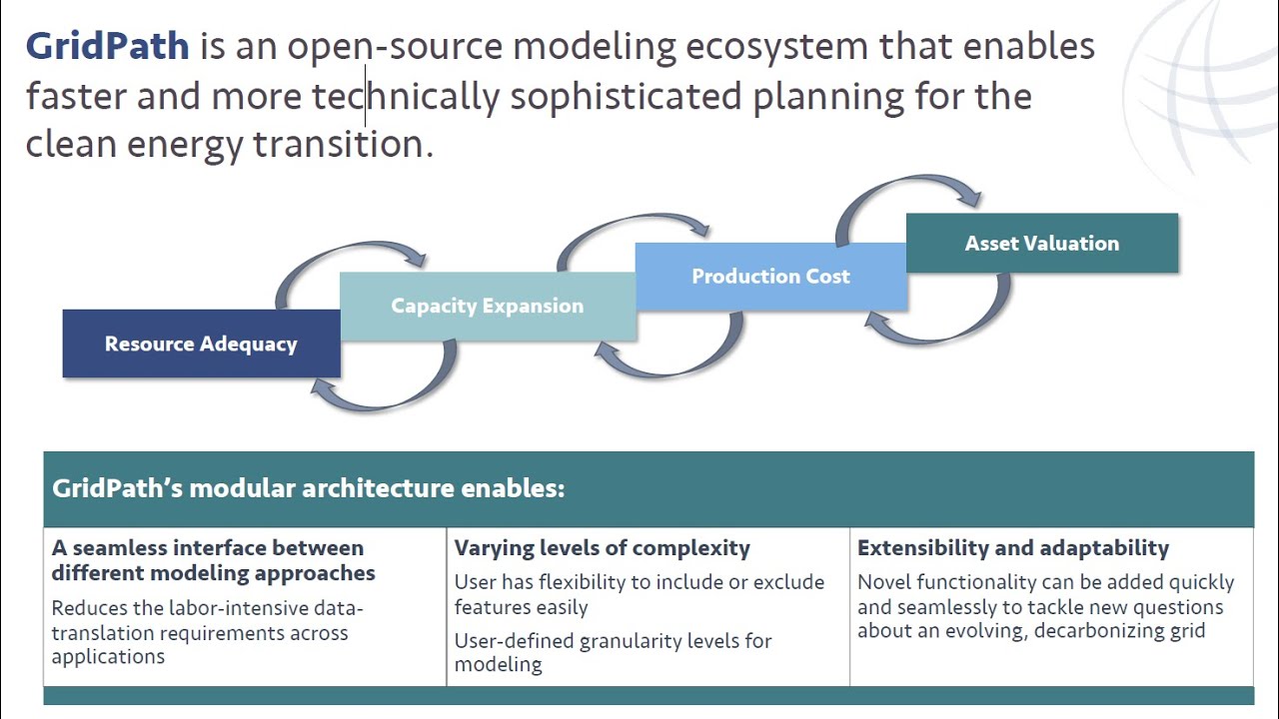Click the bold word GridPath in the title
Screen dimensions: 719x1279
(107, 46)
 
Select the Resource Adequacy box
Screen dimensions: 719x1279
(201, 344)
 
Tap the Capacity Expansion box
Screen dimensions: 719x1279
(487, 307)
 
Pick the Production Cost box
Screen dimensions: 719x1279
(770, 277)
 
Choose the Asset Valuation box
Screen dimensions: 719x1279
(1041, 243)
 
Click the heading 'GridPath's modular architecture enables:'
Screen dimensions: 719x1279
(308, 488)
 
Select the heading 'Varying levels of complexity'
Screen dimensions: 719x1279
(602, 548)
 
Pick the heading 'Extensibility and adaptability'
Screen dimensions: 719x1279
(1012, 548)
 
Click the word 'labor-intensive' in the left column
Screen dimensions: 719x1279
(226, 608)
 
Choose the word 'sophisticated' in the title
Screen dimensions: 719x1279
(626, 96)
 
